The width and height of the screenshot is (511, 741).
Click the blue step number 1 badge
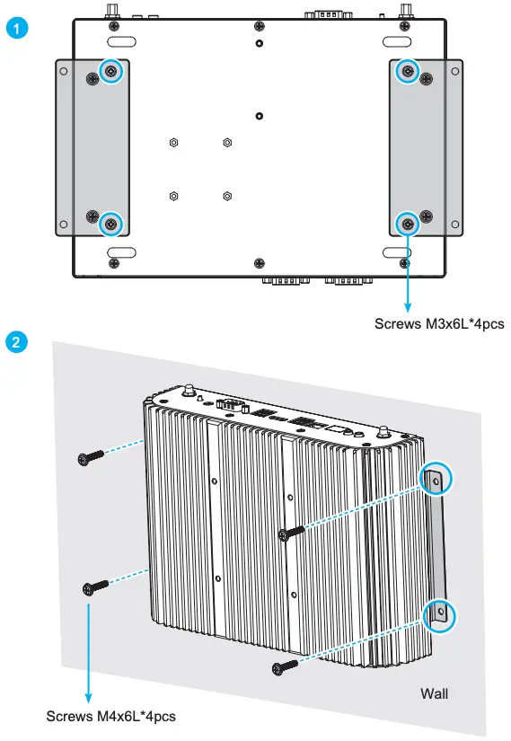pos(17,29)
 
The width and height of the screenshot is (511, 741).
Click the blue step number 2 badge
pos(16,341)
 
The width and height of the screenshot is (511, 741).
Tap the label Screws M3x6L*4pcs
pos(439,324)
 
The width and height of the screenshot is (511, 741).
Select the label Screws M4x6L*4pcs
pos(110,717)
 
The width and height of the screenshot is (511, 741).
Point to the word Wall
pos(434,693)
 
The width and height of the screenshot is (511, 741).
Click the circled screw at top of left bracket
pos(110,71)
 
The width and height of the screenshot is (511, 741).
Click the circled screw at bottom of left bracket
pos(110,224)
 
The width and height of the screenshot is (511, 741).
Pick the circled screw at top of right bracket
pos(408,71)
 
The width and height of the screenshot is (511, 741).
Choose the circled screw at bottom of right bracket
pos(408,224)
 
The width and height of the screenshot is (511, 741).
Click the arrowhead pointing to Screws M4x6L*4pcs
pos(88,698)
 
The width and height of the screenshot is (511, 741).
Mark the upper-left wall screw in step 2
pos(91,457)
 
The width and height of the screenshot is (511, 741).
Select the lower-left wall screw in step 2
pos(95,588)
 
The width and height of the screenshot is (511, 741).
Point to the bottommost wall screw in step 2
pos(285,666)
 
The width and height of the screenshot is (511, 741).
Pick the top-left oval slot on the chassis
pos(121,42)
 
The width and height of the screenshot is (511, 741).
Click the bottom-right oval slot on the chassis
pos(396,251)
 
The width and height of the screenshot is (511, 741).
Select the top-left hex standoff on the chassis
pos(173,142)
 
